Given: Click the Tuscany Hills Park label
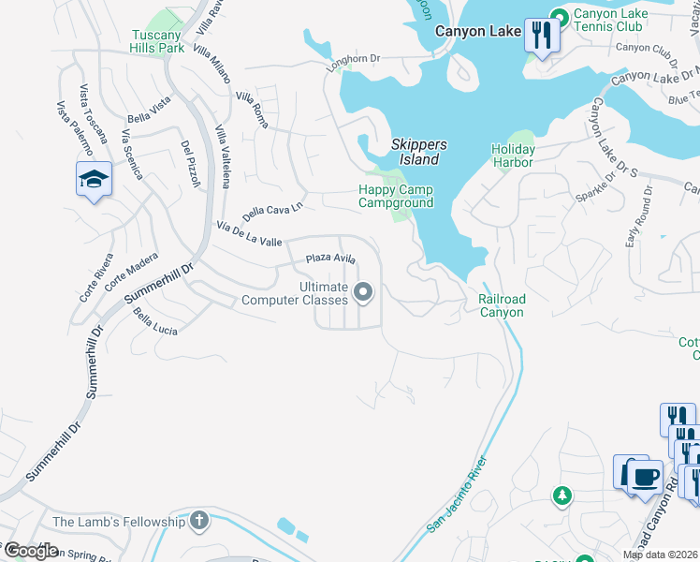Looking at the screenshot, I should click(x=156, y=41).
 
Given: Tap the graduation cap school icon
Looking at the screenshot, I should click(x=94, y=179).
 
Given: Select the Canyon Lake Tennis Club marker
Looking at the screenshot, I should click(x=560, y=16).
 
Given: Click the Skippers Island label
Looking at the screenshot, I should click(x=418, y=152).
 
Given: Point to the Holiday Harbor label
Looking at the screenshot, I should click(x=513, y=155).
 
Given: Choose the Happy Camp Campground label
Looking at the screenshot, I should click(x=396, y=196).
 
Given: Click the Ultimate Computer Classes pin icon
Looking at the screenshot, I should click(x=363, y=294).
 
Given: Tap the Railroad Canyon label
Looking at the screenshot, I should click(x=502, y=305).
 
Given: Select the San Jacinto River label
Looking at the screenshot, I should click(x=458, y=494).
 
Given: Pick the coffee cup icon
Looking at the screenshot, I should click(x=644, y=475).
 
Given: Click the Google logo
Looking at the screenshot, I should click(x=30, y=551).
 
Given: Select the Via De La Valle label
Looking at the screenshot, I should click(x=249, y=234).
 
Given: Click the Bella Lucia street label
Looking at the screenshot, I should click(x=155, y=324).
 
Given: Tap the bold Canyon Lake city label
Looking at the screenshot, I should click(x=478, y=32).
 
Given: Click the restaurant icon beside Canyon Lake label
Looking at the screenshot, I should click(x=542, y=35).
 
